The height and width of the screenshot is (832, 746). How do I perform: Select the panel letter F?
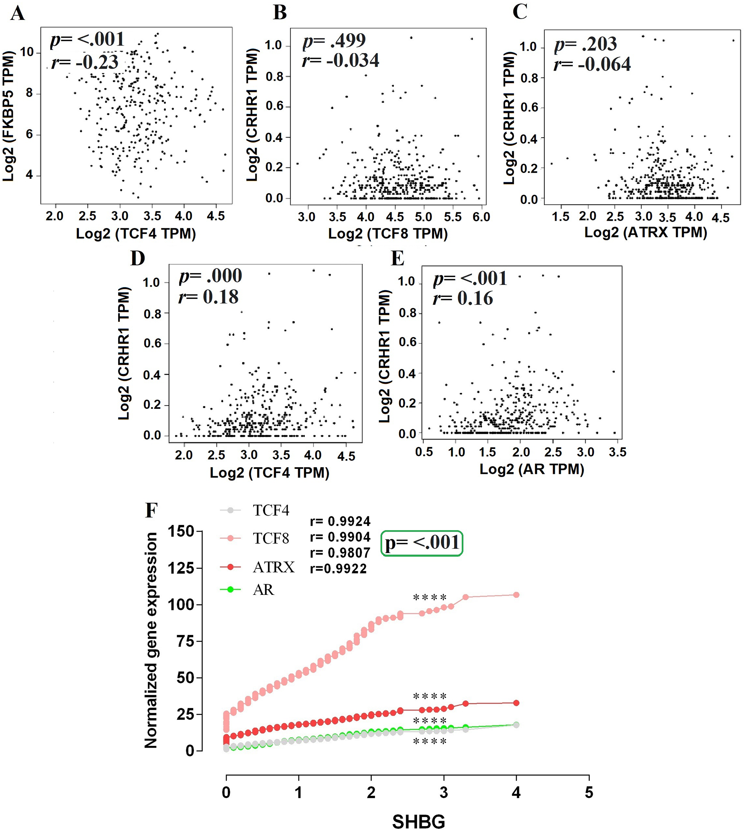click(x=152, y=511)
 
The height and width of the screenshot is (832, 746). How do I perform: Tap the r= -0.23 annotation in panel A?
click(x=85, y=62)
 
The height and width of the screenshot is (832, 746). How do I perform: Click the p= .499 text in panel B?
click(x=334, y=41)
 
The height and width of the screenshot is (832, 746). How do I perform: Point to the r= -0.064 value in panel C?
click(x=592, y=64)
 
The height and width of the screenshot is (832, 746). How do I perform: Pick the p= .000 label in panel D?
click(x=211, y=276)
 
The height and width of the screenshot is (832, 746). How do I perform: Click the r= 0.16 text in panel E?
click(x=463, y=298)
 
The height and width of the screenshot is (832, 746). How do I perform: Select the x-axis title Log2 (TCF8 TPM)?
click(x=388, y=234)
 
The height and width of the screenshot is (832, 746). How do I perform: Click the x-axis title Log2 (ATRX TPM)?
click(x=646, y=232)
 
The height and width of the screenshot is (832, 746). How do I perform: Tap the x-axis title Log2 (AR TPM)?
click(x=532, y=469)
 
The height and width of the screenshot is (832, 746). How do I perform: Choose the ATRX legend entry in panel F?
click(x=258, y=567)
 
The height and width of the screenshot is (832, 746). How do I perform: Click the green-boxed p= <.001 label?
click(x=422, y=543)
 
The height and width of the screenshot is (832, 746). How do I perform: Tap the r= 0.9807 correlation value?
click(x=340, y=553)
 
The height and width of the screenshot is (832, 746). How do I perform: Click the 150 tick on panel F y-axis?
click(x=181, y=532)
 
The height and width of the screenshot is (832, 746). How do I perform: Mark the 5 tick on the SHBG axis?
click(x=589, y=792)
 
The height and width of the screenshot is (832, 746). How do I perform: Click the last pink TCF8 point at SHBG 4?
click(x=517, y=595)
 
